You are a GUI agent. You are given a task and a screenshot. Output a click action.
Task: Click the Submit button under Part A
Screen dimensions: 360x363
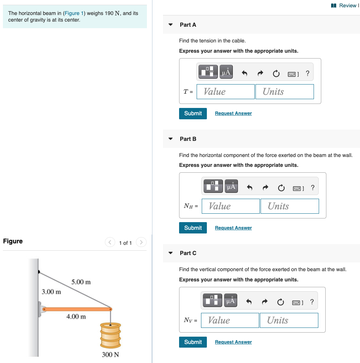[193, 113]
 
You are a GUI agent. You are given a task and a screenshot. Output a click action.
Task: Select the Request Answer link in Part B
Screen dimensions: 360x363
[233, 228]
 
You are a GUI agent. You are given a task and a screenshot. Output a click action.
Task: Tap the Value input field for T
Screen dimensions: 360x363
[226, 92]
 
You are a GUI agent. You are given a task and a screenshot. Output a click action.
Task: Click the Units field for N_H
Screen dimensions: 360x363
[290, 206]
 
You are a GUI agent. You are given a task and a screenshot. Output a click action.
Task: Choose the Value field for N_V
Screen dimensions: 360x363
[230, 321]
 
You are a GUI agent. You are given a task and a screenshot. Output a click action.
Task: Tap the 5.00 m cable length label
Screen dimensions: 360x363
[81, 282]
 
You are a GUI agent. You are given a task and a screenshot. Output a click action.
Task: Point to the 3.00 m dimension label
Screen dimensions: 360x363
[51, 292]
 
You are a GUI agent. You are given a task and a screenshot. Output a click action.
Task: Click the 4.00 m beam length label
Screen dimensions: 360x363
[76, 317]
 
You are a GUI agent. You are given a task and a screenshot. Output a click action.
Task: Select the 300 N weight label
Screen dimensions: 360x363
[110, 355]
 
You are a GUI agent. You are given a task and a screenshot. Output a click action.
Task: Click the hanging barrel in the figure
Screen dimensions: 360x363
[110, 336]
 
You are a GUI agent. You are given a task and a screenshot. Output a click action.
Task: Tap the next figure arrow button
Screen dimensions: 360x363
[141, 242]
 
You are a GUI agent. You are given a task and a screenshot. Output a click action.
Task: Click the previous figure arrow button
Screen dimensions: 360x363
[110, 242]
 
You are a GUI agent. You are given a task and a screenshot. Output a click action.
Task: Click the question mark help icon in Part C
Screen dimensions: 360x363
[312, 302]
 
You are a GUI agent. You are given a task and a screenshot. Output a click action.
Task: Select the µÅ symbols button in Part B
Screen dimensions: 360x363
[231, 186]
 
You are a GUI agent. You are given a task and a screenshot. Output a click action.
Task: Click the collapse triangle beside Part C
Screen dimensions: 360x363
[171, 253]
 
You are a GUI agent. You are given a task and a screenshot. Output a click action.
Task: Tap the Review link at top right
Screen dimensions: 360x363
[345, 5]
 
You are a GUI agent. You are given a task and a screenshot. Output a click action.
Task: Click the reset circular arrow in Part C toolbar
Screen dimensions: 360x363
[280, 302]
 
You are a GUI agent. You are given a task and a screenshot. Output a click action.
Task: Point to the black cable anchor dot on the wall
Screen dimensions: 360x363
[39, 272]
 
